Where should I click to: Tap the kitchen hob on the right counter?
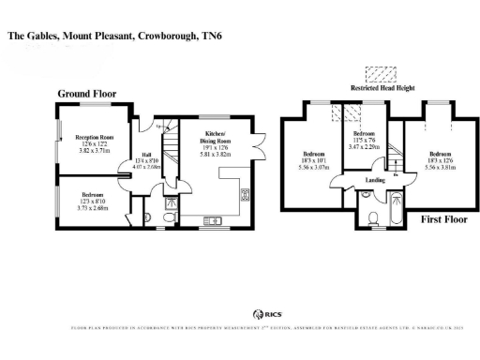pyautogui.click(x=246, y=195)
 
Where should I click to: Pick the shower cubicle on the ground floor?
pyautogui.click(x=172, y=201)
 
